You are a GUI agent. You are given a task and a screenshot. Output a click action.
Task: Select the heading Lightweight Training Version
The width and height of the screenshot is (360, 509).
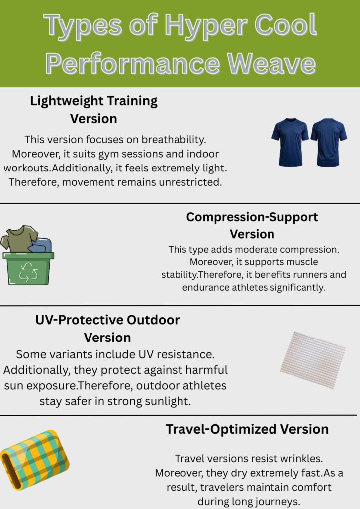[x=93, y=110]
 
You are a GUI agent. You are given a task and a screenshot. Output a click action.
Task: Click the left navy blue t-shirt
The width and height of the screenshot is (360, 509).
[x=289, y=142]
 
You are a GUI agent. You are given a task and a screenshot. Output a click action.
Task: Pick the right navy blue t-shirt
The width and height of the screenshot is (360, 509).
[x=329, y=142]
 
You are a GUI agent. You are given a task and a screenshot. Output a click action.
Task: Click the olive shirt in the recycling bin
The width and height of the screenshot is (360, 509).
[x=19, y=238]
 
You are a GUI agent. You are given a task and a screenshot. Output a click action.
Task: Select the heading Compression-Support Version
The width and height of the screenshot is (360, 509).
[x=252, y=225]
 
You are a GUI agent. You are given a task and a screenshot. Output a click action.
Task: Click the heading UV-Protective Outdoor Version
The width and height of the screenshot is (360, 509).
[x=107, y=328]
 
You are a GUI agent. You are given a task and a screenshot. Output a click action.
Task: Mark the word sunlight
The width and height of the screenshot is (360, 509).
[x=166, y=401]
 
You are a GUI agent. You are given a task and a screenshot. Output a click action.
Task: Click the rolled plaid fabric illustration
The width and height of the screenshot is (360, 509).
[x=35, y=460]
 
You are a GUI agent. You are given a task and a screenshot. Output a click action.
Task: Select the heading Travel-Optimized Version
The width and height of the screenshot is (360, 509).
[x=247, y=429]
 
